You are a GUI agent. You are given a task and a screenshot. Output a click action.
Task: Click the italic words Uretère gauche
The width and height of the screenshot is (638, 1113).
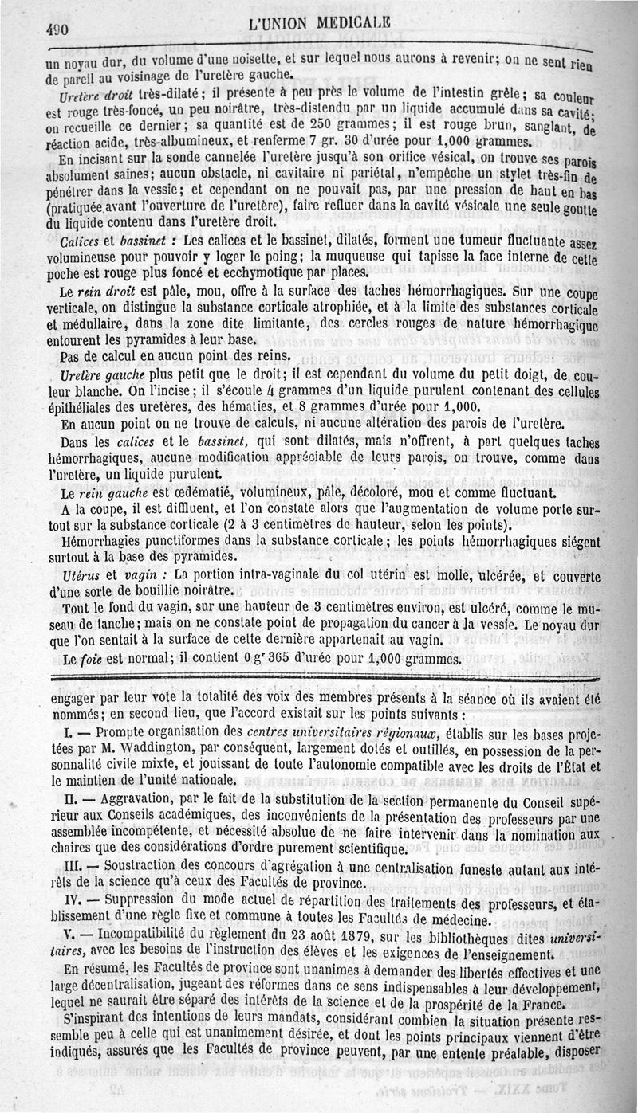coord(96,374)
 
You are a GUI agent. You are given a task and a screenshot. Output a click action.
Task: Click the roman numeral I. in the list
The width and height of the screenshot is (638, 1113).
coord(69,731)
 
